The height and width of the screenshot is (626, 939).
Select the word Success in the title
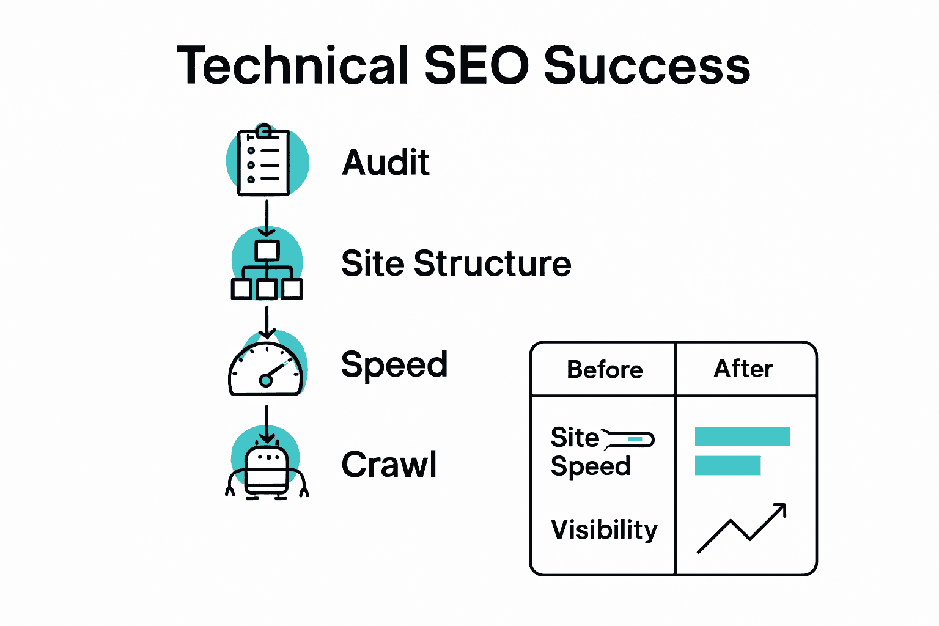[647, 65]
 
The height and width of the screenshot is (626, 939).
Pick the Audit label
[386, 163]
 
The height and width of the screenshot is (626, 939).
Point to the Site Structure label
[456, 263]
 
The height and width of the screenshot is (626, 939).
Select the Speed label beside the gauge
[394, 365]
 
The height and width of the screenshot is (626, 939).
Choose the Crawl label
[389, 465]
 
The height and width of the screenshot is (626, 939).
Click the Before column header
[605, 369]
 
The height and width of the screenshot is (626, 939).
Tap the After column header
[743, 369]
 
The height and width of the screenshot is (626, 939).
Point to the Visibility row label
[604, 529]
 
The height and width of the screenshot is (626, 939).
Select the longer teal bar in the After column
[742, 436]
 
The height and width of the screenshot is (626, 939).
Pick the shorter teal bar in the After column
[727, 466]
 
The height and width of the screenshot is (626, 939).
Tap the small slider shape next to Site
[630, 439]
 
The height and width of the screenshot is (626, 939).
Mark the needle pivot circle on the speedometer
[265, 380]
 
